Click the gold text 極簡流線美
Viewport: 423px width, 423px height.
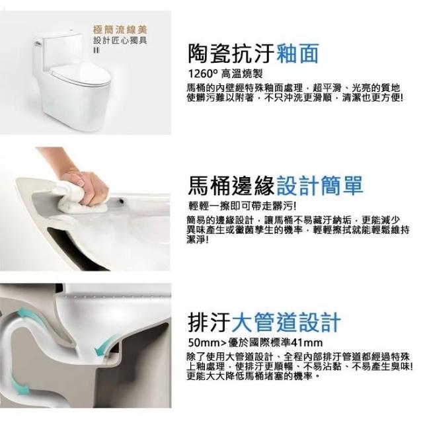[x=120, y=29]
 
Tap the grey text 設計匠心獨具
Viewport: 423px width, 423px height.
[x=120, y=41]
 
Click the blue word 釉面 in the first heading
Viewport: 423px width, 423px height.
[x=297, y=54]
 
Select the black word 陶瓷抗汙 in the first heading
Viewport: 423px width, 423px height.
[x=231, y=54]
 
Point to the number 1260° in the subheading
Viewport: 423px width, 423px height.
[x=203, y=73]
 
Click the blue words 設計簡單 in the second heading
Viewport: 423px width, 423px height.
[x=319, y=186]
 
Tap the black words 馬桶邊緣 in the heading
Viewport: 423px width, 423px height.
[x=231, y=186]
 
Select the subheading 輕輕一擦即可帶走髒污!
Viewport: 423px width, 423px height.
[x=242, y=207]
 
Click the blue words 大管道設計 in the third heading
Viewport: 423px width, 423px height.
[x=286, y=322]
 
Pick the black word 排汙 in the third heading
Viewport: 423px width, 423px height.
[x=209, y=322]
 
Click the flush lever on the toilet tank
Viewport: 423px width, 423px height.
[x=38, y=42]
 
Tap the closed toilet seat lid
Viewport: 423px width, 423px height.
[x=81, y=74]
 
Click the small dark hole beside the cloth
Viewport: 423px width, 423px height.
[x=122, y=201]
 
